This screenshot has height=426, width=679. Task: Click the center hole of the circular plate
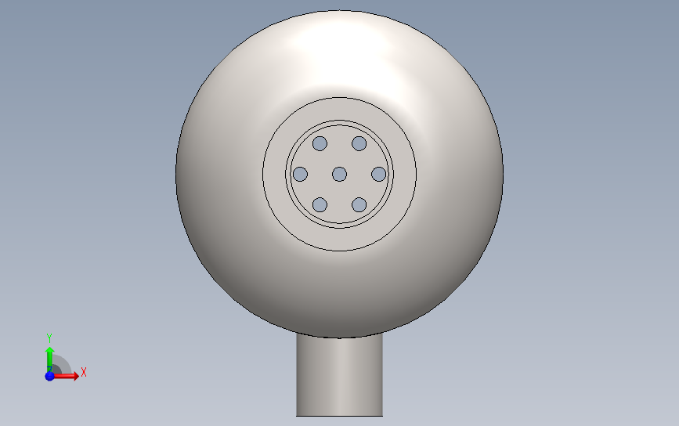pyautogui.click(x=340, y=175)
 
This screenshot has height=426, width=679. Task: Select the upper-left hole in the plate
pyautogui.click(x=320, y=144)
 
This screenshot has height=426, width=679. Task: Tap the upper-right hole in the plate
pyautogui.click(x=359, y=144)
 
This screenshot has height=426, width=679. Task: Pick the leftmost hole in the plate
pyautogui.click(x=300, y=175)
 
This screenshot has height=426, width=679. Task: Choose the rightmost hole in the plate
pyautogui.click(x=378, y=175)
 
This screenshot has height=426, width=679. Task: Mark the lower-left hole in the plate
pyautogui.click(x=320, y=204)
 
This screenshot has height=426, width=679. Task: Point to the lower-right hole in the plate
pyautogui.click(x=359, y=204)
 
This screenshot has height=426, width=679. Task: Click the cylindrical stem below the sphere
pyautogui.click(x=340, y=376)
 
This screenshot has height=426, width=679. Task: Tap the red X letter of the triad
pyautogui.click(x=84, y=372)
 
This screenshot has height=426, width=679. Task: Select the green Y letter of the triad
pyautogui.click(x=49, y=338)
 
